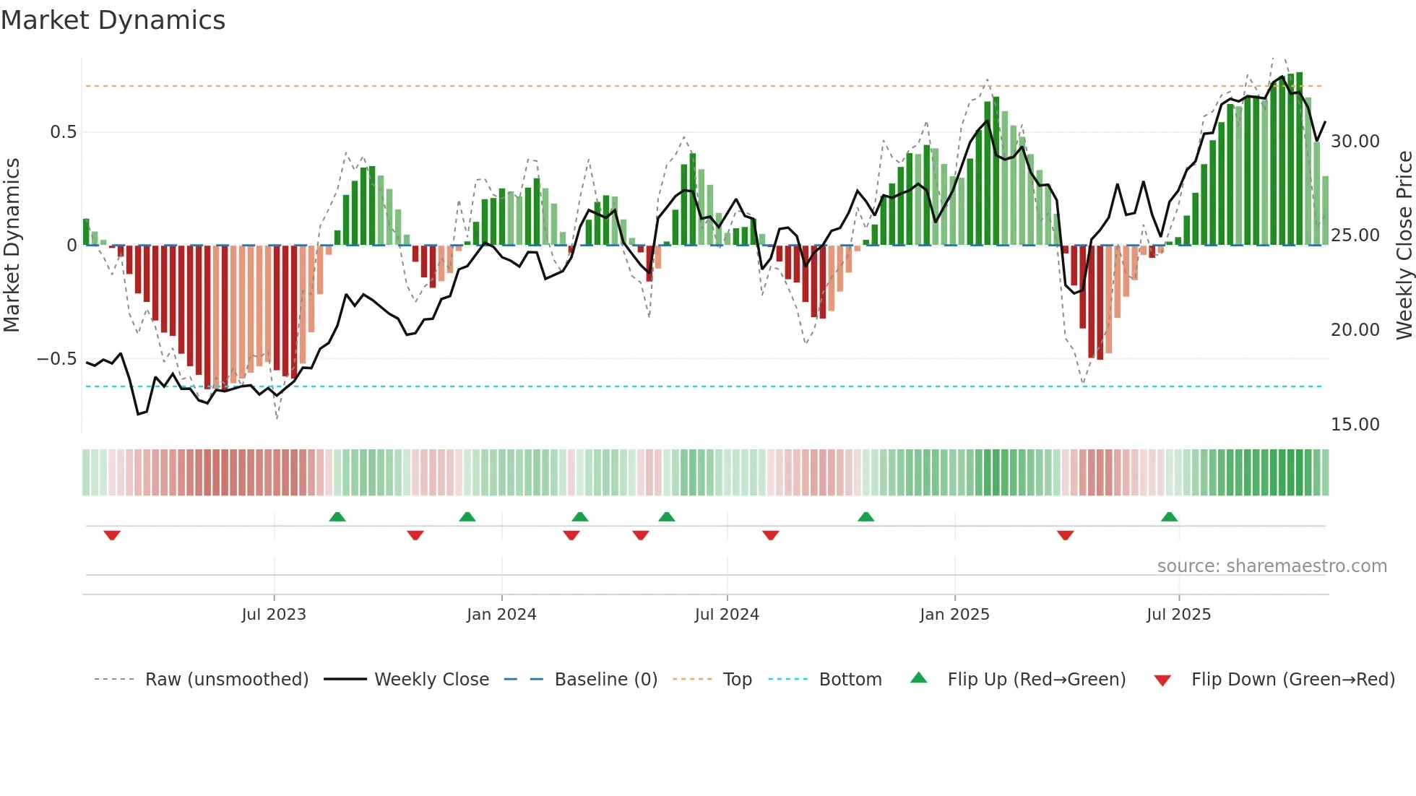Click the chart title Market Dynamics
point(113,20)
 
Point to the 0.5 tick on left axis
point(63,132)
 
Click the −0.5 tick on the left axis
point(56,359)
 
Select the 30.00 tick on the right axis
point(1355,142)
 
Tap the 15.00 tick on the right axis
point(1355,425)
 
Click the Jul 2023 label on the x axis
point(274,615)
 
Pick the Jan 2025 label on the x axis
point(954,615)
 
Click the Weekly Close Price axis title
point(1404,246)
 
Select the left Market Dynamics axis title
point(12,246)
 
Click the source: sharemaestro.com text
point(1272,566)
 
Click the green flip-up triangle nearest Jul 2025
point(1169,516)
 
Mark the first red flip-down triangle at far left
point(112,535)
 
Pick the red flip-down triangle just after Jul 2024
point(771,535)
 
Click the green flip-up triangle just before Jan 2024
point(467,516)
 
